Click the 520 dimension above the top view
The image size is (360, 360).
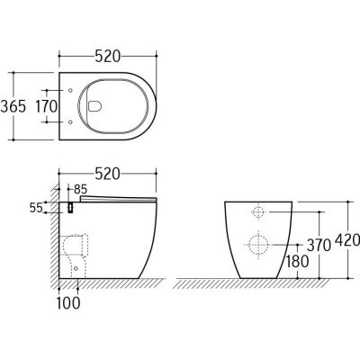[107, 56]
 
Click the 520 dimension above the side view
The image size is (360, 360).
[107, 174]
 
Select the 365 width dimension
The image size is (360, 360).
[13, 106]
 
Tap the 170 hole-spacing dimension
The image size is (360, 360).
[47, 106]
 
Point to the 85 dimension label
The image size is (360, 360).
[80, 189]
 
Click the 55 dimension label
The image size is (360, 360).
[36, 208]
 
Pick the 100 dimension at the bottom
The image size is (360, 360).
[68, 302]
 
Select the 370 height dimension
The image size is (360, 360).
[319, 246]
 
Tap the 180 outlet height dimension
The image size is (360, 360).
[296, 261]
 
